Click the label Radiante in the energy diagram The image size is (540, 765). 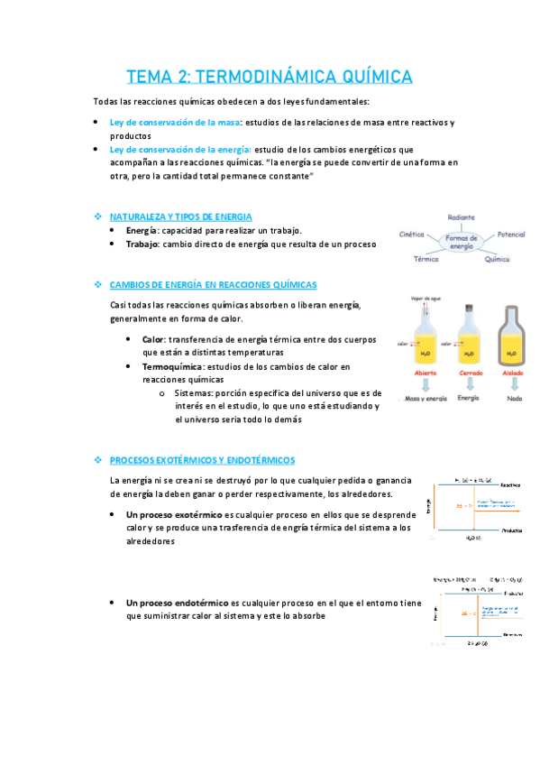click(460, 217)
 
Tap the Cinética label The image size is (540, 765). click(414, 234)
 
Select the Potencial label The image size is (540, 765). click(510, 234)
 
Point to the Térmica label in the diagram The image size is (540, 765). click(426, 259)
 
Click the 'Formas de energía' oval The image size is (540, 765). click(462, 241)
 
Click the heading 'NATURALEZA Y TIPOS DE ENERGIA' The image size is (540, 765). click(180, 217)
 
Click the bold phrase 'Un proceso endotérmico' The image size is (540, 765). click(177, 603)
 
